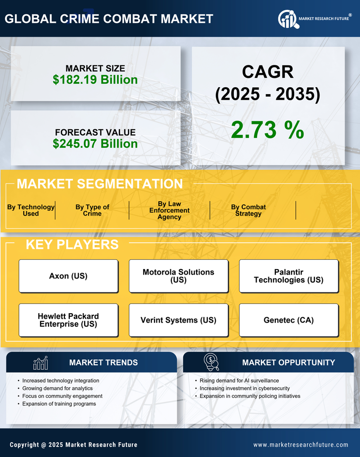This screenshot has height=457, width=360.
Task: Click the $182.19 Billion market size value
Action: click(95, 79)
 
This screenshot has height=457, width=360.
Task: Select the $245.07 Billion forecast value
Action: click(95, 144)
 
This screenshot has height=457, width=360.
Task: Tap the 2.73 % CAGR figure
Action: click(267, 130)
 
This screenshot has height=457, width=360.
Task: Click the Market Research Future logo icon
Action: click(287, 19)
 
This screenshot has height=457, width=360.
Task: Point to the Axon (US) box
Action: click(68, 276)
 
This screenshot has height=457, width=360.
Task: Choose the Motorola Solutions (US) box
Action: click(178, 276)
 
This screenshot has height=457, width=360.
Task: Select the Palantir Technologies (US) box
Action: click(289, 276)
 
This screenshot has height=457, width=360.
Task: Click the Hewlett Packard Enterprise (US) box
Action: click(68, 320)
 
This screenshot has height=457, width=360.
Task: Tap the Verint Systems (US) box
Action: click(178, 320)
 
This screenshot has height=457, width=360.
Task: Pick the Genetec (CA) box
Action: click(289, 320)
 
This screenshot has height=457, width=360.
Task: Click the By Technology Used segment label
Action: click(31, 210)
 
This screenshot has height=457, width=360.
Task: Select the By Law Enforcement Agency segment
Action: click(169, 210)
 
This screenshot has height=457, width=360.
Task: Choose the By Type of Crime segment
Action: click(92, 210)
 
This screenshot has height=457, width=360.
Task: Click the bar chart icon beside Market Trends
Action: click(41, 363)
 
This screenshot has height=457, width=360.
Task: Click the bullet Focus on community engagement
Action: click(62, 396)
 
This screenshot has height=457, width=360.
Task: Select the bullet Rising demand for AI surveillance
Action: click(239, 381)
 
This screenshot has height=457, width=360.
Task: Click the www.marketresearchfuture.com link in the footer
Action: click(301, 445)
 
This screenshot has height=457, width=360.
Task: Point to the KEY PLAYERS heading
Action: click(72, 244)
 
